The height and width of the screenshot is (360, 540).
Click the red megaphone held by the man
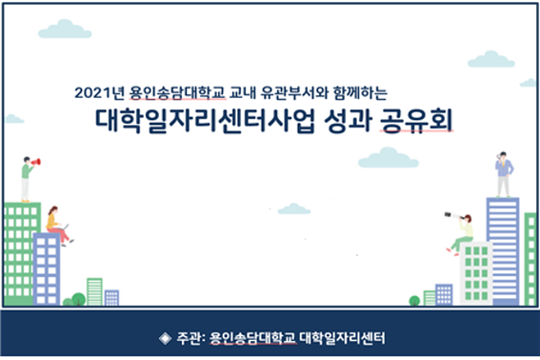36,162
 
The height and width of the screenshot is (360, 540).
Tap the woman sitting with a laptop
58,226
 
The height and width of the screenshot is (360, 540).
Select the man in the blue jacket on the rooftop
504,174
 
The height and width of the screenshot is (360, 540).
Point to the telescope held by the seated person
453,216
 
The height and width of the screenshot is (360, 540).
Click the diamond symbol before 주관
166,338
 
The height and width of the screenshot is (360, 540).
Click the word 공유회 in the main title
416,121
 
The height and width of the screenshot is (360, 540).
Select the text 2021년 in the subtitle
99,93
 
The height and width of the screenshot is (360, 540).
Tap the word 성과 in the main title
348,121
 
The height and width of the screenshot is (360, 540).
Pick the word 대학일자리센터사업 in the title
206,121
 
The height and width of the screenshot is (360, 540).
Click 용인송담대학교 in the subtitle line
177,93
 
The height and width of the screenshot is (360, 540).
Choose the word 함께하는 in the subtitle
360,93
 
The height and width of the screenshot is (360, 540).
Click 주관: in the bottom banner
191,338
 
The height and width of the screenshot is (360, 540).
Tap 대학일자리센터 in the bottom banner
342,338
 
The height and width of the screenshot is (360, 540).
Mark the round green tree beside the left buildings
78,299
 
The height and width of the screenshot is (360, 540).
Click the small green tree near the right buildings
414,300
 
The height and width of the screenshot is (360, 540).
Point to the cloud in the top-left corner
65,29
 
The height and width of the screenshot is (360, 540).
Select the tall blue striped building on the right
503,251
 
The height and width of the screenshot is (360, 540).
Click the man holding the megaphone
28,179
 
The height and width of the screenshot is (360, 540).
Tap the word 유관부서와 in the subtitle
295,93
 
